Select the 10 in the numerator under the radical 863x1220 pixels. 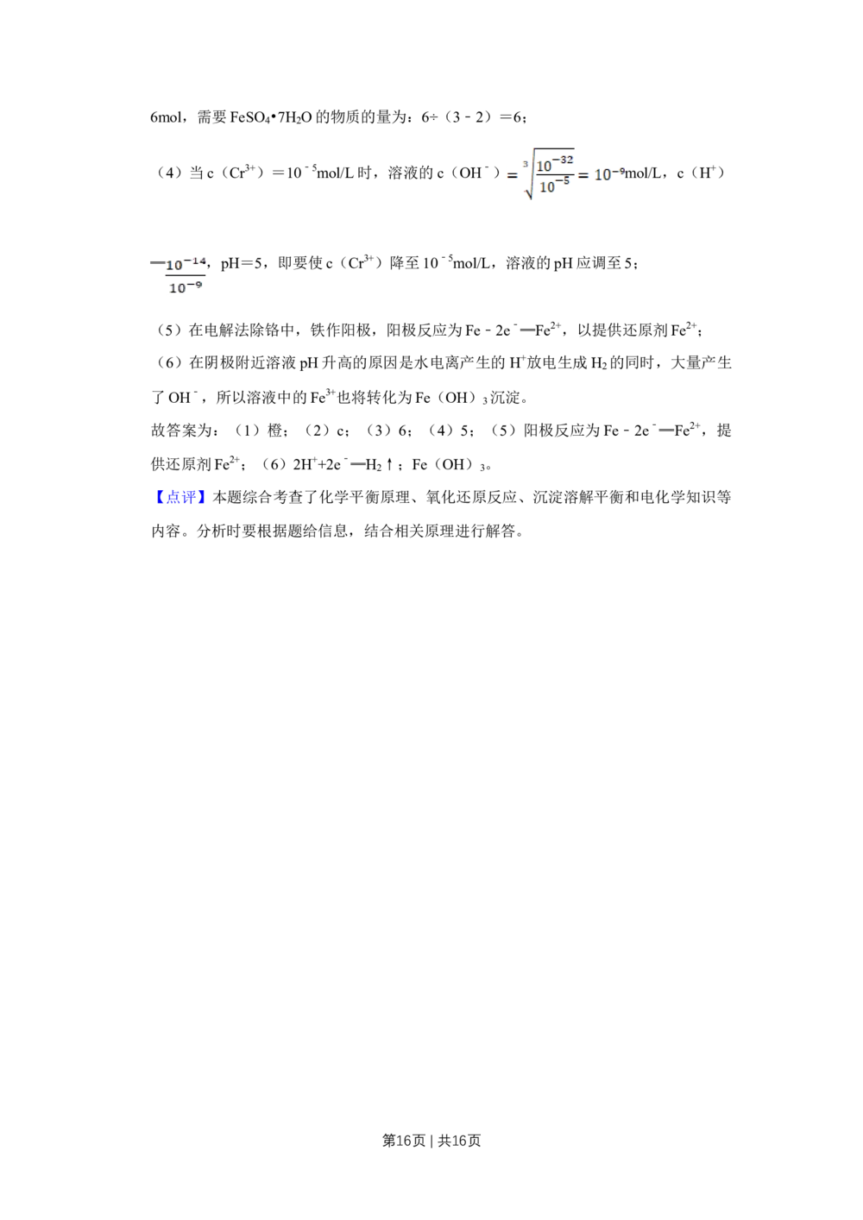coord(545,166)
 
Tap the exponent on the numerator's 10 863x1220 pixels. coord(567,159)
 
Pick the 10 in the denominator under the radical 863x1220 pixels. coord(547,186)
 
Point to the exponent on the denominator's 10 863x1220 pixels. coord(567,179)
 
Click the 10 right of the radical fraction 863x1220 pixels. coord(603,175)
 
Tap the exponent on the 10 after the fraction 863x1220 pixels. coord(621,170)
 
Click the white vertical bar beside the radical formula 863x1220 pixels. coord(507,168)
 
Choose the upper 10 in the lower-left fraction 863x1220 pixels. coord(175,265)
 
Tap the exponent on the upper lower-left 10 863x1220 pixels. coord(198,260)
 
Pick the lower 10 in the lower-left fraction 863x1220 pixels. coord(177,288)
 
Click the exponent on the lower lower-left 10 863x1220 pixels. coord(198,283)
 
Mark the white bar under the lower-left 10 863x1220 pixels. coord(183,294)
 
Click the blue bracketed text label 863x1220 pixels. coord(181,495)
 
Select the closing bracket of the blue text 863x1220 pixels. coord(203,495)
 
